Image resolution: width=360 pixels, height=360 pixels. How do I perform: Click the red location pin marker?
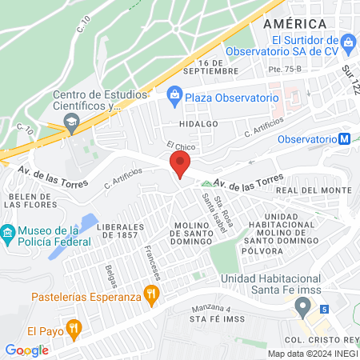[180, 165]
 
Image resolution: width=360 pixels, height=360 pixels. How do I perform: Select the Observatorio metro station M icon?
[344, 138]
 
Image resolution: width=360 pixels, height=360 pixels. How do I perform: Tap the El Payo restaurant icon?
[74, 326]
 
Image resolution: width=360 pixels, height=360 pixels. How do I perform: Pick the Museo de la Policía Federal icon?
[8, 234]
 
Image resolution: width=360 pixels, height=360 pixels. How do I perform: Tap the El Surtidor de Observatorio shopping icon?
[348, 42]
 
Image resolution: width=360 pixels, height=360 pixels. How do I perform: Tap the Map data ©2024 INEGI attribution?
[312, 354]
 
